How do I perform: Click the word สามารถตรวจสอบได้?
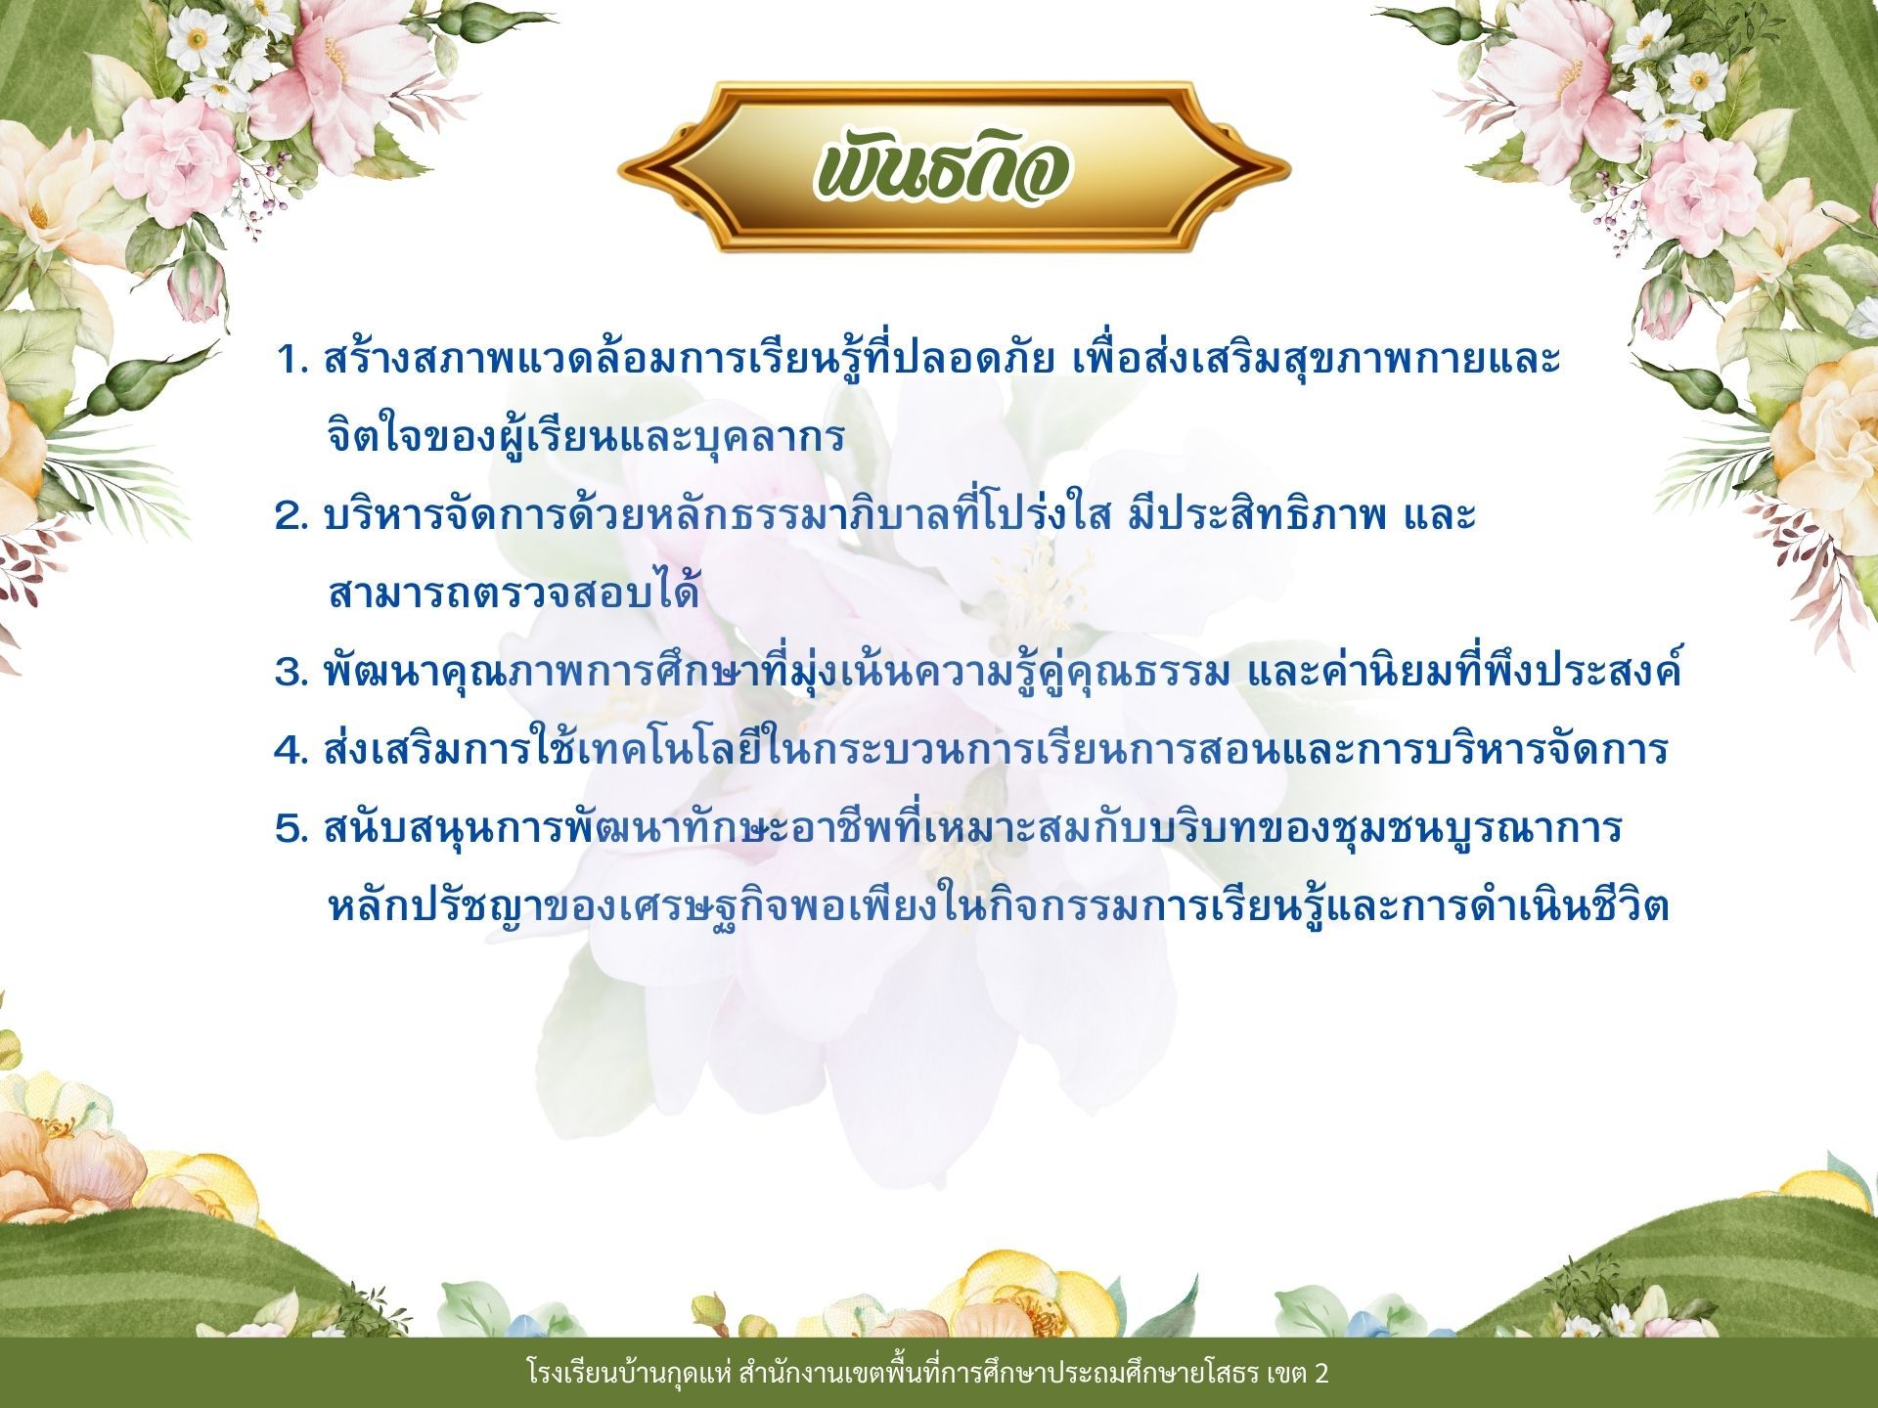514,593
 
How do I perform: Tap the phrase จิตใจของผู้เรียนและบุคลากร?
585,436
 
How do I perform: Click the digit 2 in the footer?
1321,1374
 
